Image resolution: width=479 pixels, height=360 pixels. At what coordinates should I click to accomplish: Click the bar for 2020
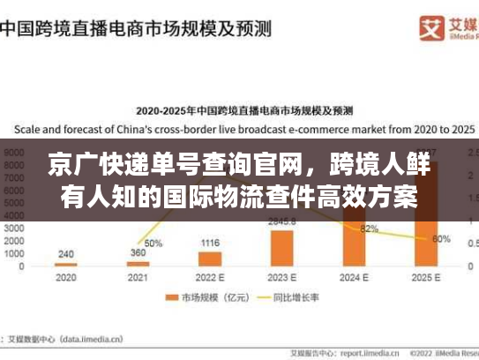tap(65, 264)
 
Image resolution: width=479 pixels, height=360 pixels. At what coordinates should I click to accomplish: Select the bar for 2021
tap(138, 263)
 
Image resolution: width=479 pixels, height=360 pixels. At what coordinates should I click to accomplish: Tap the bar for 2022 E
tap(210, 259)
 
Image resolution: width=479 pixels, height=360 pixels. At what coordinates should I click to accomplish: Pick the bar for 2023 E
tap(282, 247)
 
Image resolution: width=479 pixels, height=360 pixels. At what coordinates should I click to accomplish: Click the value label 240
tap(65, 253)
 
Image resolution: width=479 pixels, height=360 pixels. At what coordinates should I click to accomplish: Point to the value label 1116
tap(210, 243)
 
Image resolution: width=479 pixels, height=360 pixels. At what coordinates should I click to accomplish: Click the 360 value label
tap(138, 253)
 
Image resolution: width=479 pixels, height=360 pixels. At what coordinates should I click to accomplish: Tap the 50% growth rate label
tap(153, 243)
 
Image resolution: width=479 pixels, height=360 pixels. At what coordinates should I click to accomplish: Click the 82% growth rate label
tap(369, 229)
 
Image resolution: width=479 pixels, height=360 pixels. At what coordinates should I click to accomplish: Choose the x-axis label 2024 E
tap(354, 277)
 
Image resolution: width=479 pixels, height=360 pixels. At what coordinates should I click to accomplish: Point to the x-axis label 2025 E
tap(426, 277)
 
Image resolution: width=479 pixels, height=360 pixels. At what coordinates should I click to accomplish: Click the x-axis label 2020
tap(65, 277)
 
